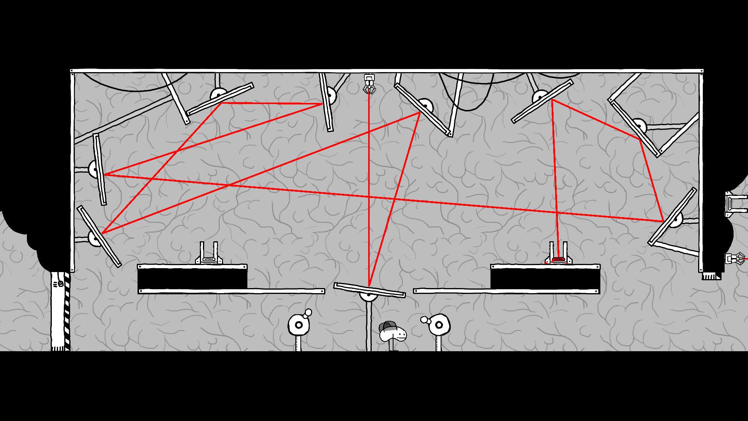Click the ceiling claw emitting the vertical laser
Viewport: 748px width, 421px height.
pyautogui.click(x=369, y=84)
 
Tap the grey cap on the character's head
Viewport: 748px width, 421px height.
pyautogui.click(x=388, y=326)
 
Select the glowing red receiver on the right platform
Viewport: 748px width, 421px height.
pyautogui.click(x=558, y=259)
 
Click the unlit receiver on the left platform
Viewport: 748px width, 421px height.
pyautogui.click(x=209, y=259)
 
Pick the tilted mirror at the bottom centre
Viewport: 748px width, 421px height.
pyautogui.click(x=369, y=290)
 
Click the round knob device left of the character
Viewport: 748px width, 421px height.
pyautogui.click(x=298, y=325)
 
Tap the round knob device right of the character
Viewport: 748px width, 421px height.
pyautogui.click(x=439, y=325)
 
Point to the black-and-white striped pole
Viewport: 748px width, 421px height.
pyautogui.click(x=67, y=312)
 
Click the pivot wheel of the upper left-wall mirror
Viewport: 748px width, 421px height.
pyautogui.click(x=94, y=170)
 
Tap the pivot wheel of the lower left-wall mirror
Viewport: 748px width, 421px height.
pyautogui.click(x=94, y=238)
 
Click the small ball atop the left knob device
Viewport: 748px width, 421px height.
pyautogui.click(x=308, y=313)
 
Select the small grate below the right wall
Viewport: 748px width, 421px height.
pyautogui.click(x=711, y=276)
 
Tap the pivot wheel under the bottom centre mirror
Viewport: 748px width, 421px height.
pyautogui.click(x=369, y=296)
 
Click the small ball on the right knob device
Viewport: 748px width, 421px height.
pyautogui.click(x=424, y=320)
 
